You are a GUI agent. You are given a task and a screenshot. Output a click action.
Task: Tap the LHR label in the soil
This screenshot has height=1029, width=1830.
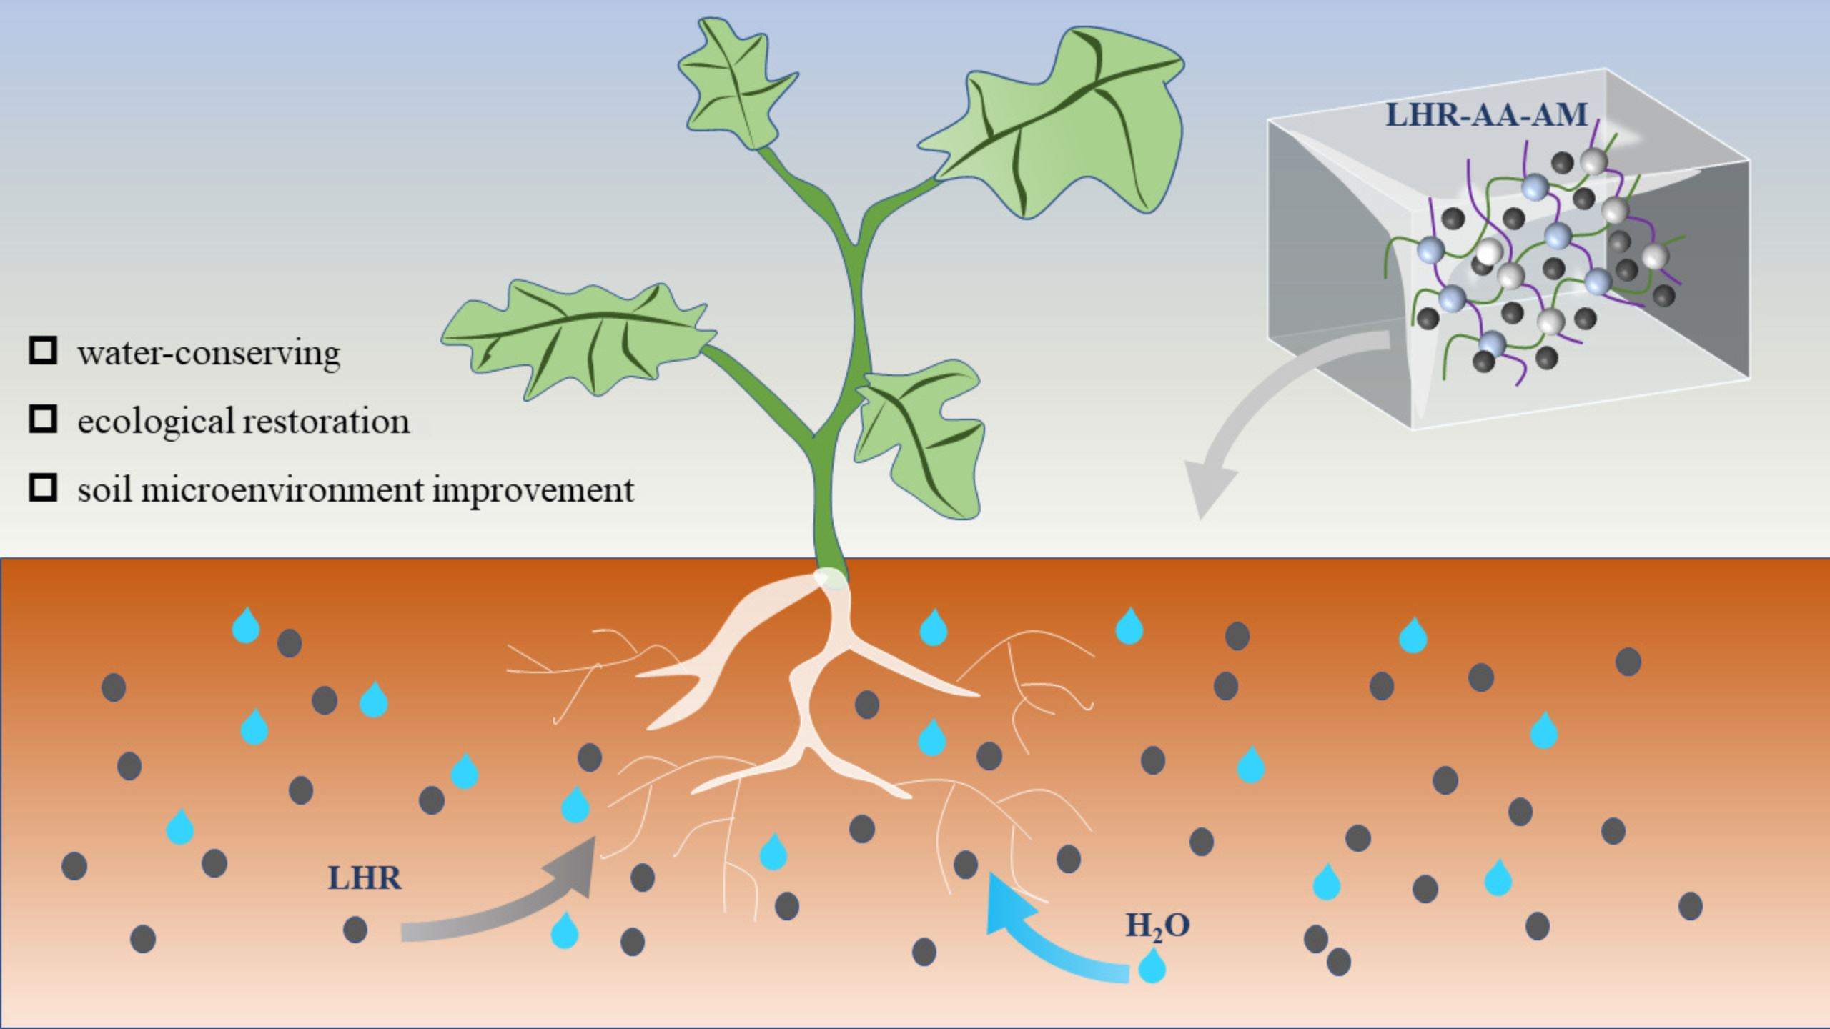pos(365,878)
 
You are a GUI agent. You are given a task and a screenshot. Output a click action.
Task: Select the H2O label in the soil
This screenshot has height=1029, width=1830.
pos(1157,926)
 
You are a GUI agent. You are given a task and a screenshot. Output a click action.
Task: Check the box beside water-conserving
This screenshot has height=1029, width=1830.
pos(43,352)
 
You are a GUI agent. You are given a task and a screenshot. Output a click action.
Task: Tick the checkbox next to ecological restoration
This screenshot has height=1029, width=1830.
pos(43,420)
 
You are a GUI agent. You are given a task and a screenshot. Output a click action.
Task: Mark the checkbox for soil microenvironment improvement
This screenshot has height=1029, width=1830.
pos(43,489)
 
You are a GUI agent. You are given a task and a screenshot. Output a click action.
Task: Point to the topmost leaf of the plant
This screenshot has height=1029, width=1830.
pos(733,86)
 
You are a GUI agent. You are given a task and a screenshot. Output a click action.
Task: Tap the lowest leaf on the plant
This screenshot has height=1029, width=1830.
pos(922,436)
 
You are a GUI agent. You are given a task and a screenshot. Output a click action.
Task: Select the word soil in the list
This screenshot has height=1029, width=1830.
pos(104,490)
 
